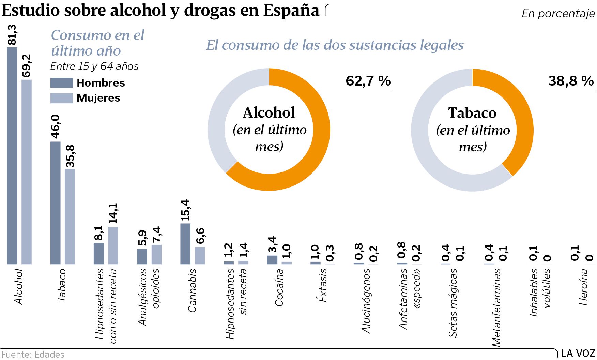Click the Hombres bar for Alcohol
[x=12, y=155]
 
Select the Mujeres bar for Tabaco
[x=70, y=216]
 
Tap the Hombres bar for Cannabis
[x=185, y=243]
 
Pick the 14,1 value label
[x=113, y=214]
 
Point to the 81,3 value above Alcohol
[x=12, y=35]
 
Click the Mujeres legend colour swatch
[x=62, y=98]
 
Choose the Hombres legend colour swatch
[x=62, y=83]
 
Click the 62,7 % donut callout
[x=368, y=81]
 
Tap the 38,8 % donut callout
[x=571, y=81]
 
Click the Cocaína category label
[x=279, y=287]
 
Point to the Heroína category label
[x=583, y=287]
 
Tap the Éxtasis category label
[x=322, y=285]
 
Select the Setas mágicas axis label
[x=453, y=303]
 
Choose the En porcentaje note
[x=558, y=13]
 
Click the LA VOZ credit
[x=578, y=354]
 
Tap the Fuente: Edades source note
[x=33, y=355]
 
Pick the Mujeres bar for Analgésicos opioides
[x=156, y=254]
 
